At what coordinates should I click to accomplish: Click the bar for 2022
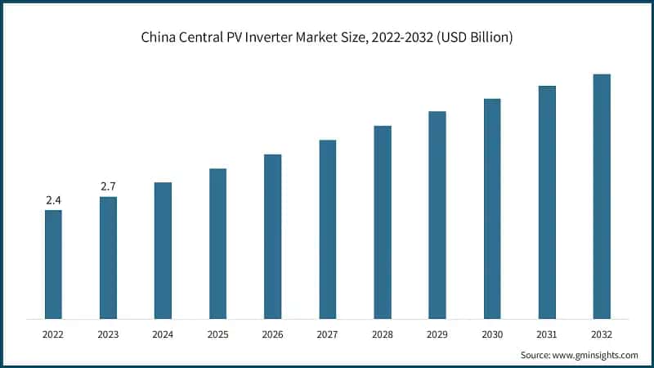coord(53,264)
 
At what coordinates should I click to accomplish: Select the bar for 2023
coord(108,258)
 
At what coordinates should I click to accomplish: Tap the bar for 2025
coord(217,244)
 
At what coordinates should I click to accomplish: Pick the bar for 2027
coord(327,229)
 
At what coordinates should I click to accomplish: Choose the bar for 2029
coord(437,215)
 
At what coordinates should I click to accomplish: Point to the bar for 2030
coord(492,209)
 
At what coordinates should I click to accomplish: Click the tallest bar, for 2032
coord(602,196)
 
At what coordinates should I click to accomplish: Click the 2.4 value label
coord(53,200)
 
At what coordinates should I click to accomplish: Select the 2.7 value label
coord(108,187)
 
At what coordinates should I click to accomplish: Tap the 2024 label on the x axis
coord(163,334)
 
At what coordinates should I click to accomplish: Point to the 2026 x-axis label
coord(272,334)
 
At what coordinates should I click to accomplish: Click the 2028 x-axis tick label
coord(382,334)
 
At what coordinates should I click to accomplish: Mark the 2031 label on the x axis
coord(547,334)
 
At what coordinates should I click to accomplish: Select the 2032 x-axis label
coord(602,334)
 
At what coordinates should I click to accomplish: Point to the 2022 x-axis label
coord(53,334)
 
